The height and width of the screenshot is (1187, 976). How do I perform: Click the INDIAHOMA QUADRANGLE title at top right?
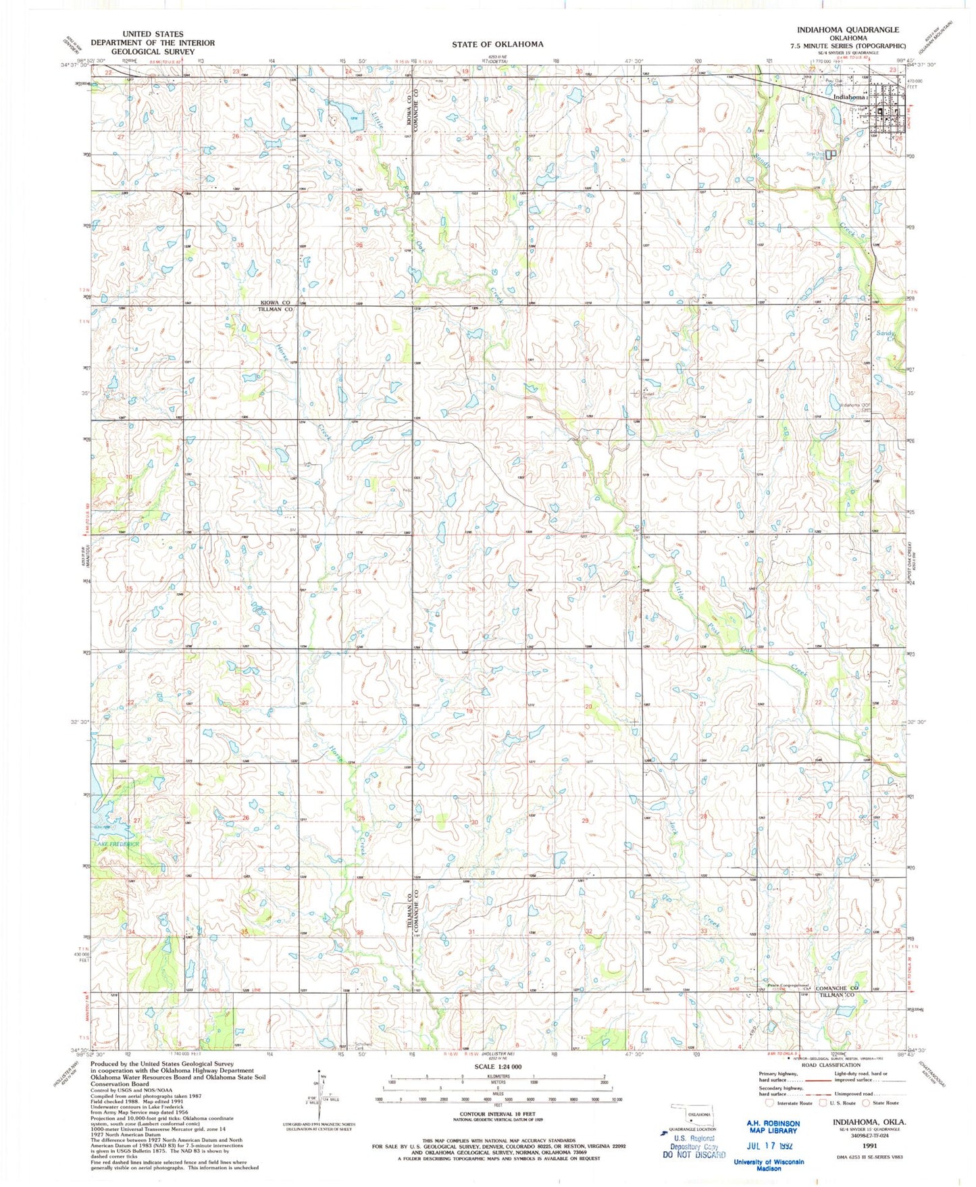pyautogui.click(x=848, y=30)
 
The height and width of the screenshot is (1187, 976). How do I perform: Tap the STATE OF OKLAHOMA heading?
pyautogui.click(x=497, y=44)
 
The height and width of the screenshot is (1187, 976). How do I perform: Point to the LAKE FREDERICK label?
pyautogui.click(x=117, y=844)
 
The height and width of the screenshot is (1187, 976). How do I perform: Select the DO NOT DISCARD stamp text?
pyautogui.click(x=694, y=1155)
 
